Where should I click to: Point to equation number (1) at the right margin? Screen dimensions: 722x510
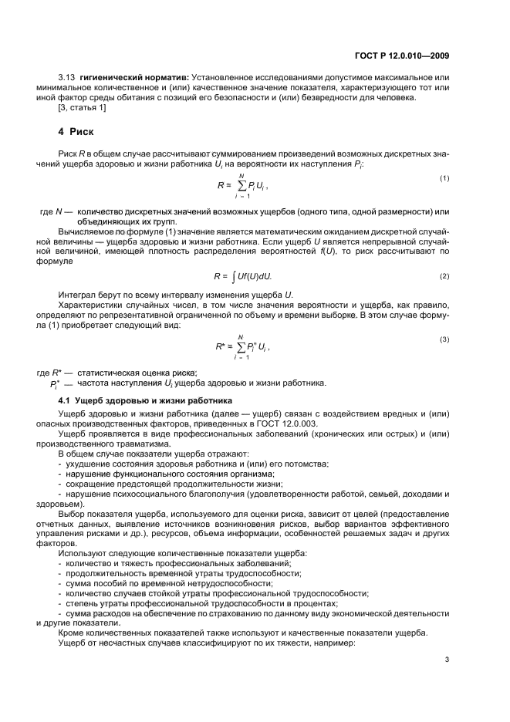pyautogui.click(x=444, y=179)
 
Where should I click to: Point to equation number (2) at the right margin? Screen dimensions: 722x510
pyautogui.click(x=444, y=276)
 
